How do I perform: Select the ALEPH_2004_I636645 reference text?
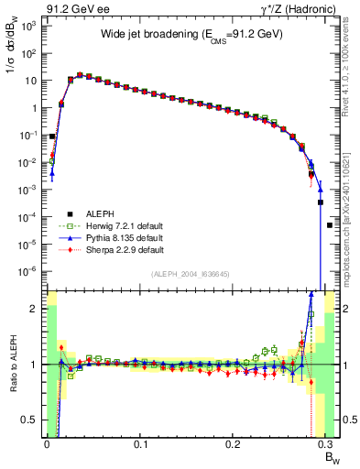[184, 275]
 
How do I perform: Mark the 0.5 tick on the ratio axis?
[33, 420]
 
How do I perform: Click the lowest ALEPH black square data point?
[330, 224]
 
